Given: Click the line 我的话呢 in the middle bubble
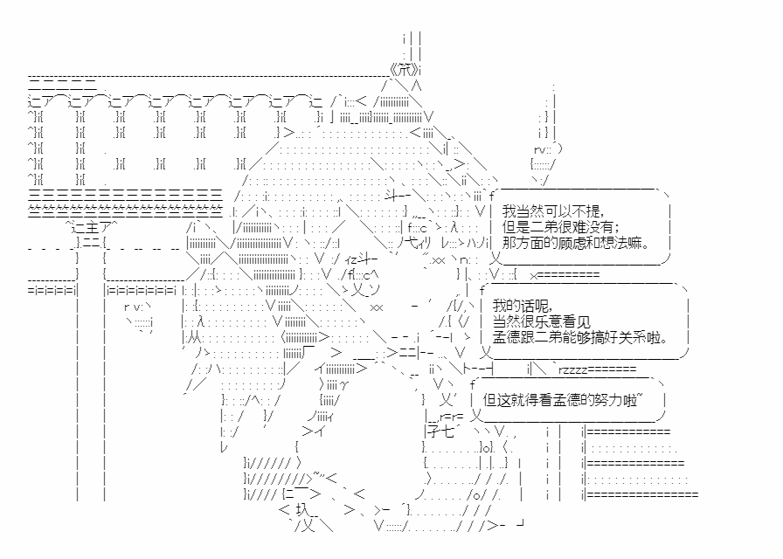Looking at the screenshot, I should point(522,306).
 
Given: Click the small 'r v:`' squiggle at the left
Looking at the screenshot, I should point(137,307).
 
